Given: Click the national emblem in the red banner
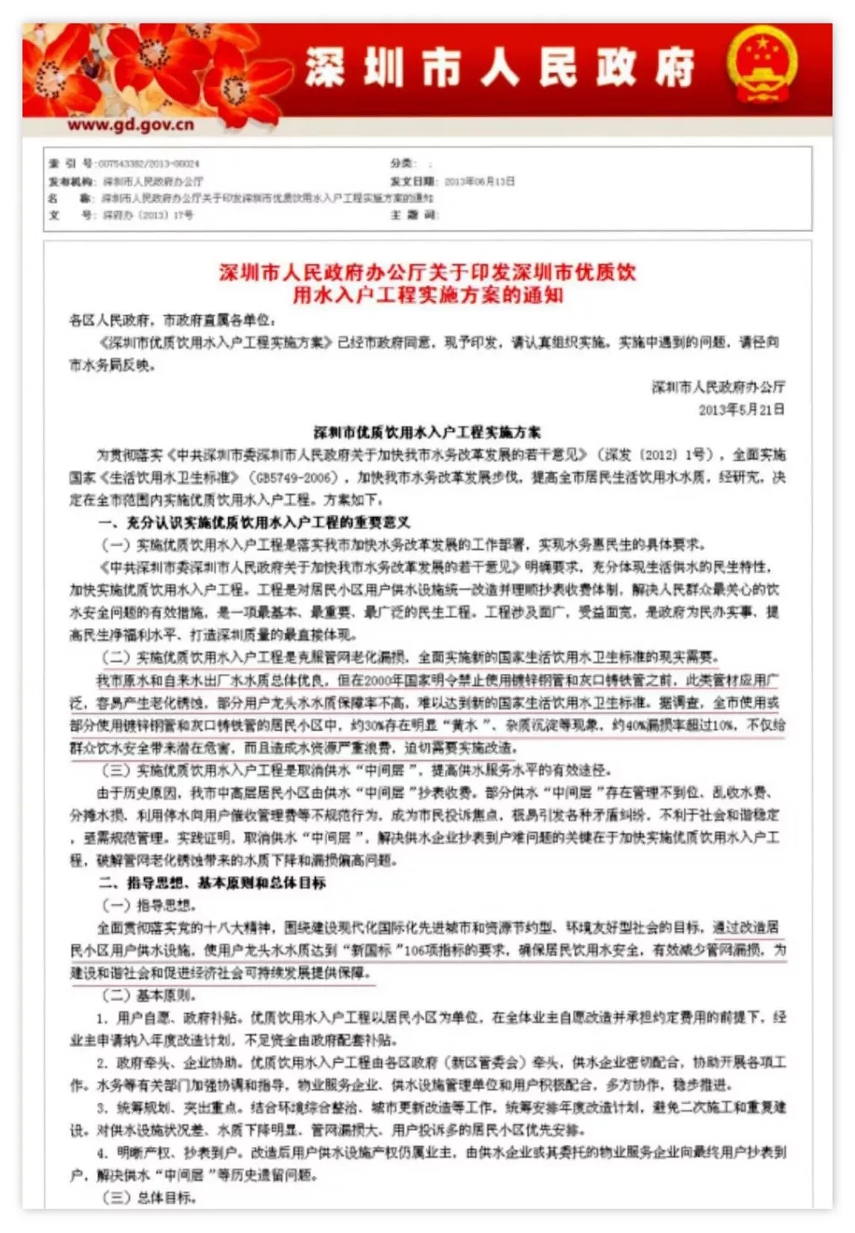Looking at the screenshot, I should (762, 67).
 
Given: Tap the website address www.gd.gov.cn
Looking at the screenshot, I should (131, 124).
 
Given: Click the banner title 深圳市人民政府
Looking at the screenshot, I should (500, 67).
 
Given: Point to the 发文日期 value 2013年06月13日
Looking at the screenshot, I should (479, 181).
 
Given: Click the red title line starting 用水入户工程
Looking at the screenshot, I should (427, 296).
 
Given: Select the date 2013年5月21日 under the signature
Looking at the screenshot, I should (741, 409).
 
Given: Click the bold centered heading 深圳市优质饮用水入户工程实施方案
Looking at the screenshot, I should (427, 432).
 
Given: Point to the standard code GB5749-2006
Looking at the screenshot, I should (292, 478).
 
